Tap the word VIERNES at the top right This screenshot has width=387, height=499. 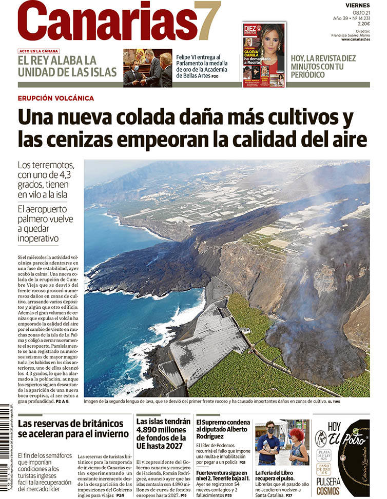(357, 5)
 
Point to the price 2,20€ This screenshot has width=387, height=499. (363, 24)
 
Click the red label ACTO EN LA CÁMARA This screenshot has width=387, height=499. (38, 51)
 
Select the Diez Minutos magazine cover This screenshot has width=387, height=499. (264, 54)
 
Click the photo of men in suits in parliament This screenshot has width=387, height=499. (147, 68)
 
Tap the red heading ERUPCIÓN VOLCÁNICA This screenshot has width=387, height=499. (55, 98)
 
